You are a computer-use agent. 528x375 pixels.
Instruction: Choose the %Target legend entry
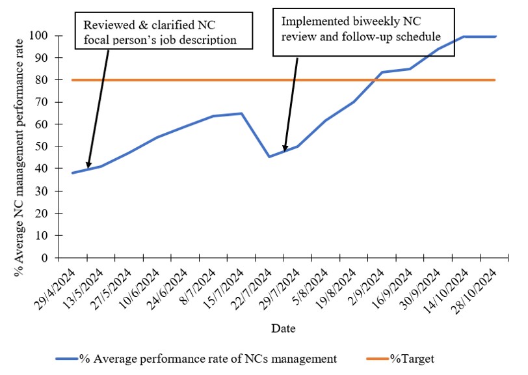tap(412, 358)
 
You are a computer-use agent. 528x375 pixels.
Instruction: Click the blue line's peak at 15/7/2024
tap(241, 113)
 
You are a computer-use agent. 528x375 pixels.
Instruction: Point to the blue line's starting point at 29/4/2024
tap(72, 173)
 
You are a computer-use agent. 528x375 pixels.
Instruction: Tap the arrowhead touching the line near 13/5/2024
tap(88, 167)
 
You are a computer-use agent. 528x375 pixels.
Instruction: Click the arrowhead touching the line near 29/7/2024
tap(284, 150)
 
